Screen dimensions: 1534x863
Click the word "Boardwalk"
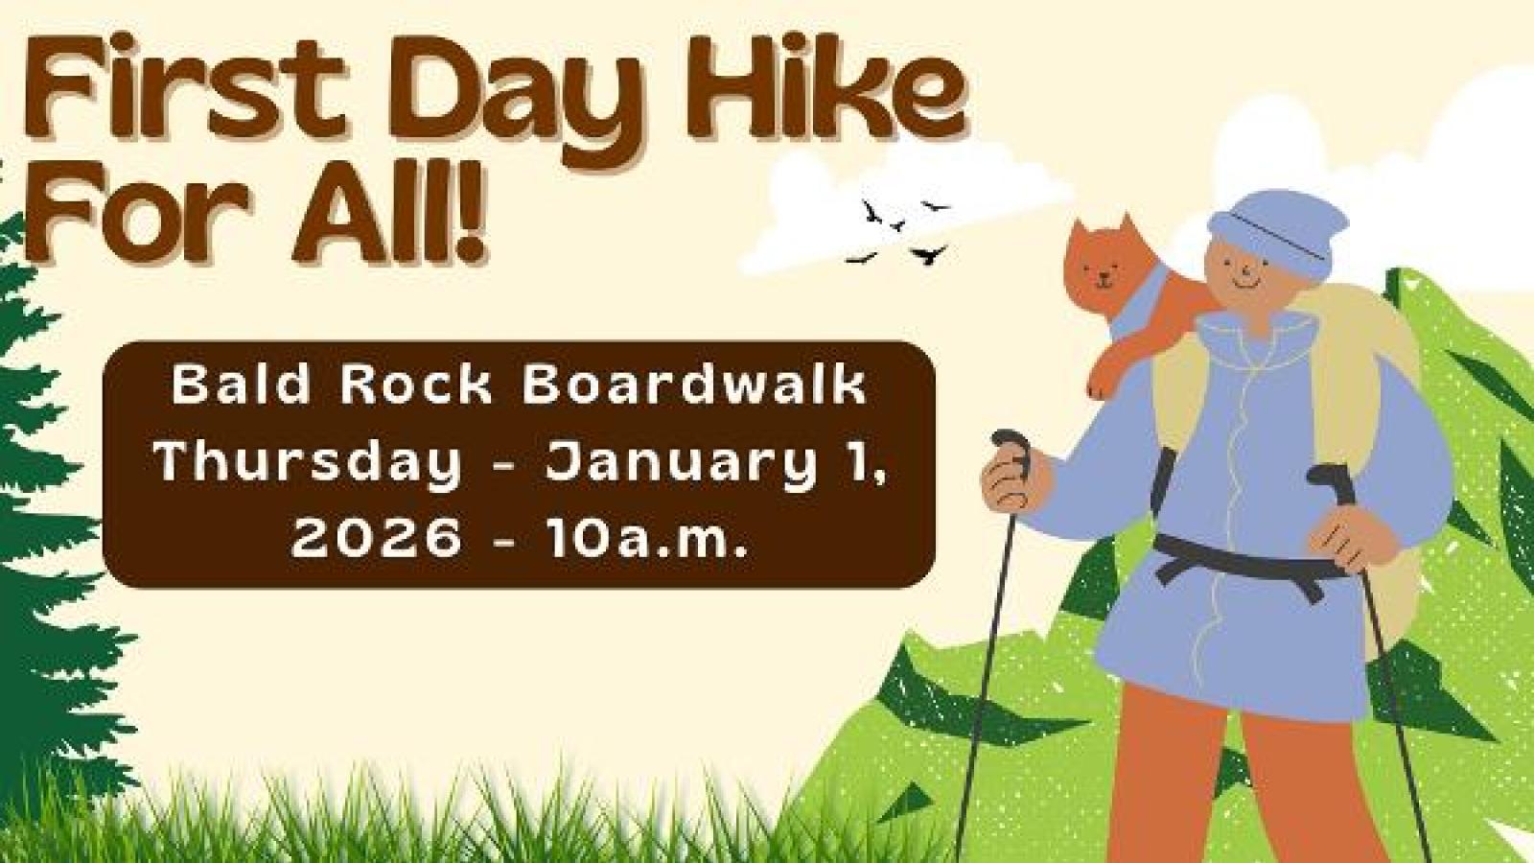pyautogui.click(x=694, y=385)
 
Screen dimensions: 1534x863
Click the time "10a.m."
pyautogui.click(x=644, y=536)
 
